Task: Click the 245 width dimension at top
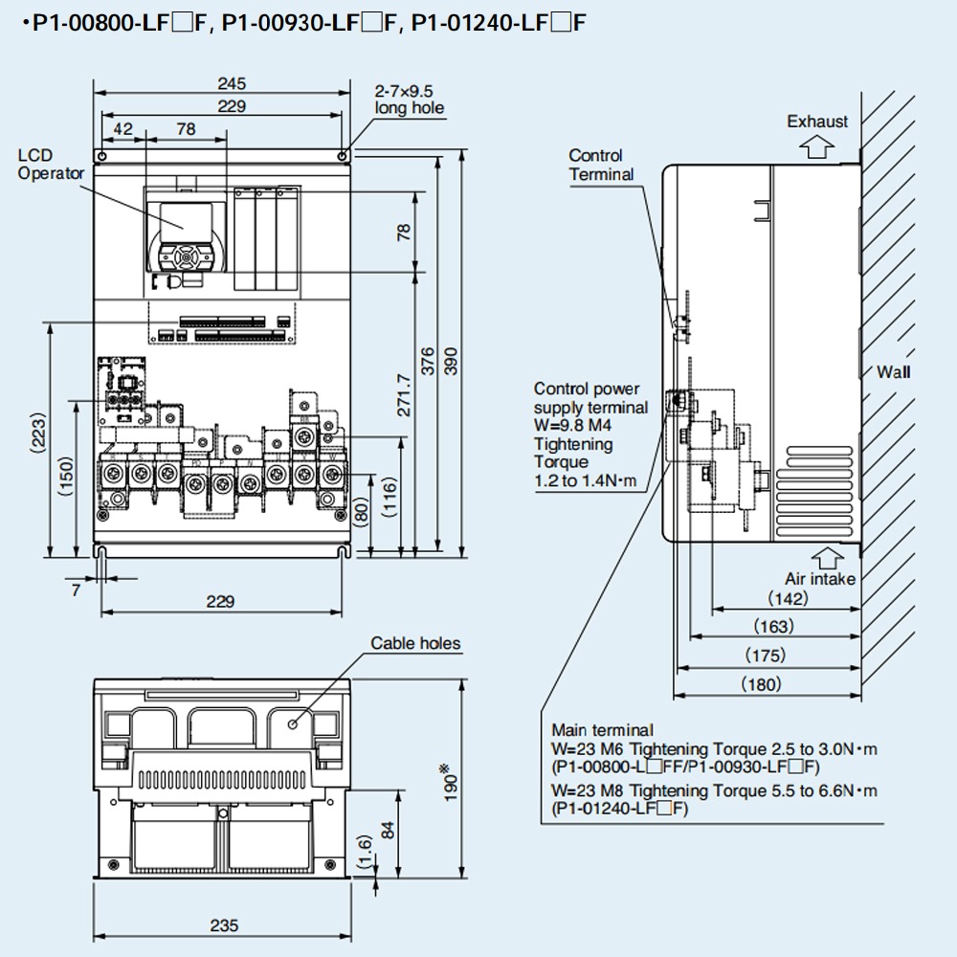tap(230, 84)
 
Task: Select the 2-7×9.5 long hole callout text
tap(409, 100)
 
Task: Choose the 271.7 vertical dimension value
tap(404, 395)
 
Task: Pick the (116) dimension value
tap(390, 500)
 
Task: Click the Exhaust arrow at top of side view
tap(816, 146)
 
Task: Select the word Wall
tap(893, 372)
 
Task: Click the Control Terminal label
tap(601, 165)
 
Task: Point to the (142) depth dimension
tap(788, 599)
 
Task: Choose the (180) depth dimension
tap(763, 683)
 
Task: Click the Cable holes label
tap(415, 643)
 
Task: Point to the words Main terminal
tap(602, 730)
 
